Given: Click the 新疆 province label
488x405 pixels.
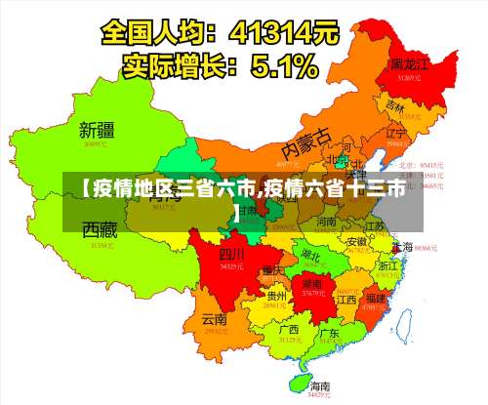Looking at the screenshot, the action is click(99, 129).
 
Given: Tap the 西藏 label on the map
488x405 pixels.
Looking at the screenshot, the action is click(100, 231).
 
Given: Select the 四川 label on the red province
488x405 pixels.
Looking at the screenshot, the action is click(231, 254).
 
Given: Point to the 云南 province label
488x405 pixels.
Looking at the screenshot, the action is click(214, 318).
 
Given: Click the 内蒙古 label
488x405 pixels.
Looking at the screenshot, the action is click(306, 146).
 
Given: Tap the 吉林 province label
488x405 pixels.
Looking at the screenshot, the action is click(395, 105).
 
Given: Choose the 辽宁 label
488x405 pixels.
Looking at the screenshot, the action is click(395, 133).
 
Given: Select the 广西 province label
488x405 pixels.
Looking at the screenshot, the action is click(289, 330).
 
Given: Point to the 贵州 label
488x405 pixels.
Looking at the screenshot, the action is click(277, 296).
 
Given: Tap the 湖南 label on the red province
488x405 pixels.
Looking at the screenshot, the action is click(313, 282).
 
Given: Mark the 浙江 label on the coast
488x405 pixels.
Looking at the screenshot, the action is click(388, 265).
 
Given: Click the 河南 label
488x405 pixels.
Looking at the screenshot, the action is click(326, 223).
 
